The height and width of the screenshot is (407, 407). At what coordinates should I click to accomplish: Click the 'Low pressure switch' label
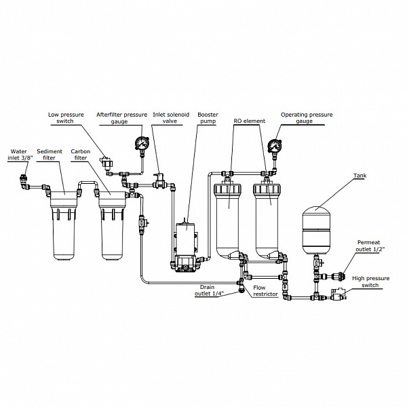click(66, 119)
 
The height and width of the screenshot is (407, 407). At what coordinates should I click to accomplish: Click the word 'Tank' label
click(361, 176)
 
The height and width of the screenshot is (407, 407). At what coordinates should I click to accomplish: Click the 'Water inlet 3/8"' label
click(20, 155)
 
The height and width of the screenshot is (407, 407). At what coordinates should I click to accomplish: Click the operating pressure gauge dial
click(275, 146)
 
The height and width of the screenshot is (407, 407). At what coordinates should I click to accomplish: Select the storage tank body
click(314, 224)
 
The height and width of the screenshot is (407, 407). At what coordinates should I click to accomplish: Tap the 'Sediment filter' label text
click(50, 155)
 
